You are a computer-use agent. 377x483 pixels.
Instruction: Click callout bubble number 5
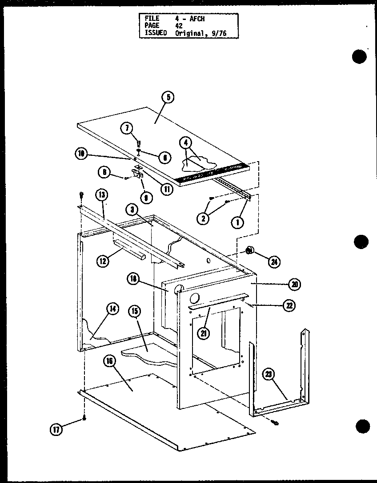point(168,98)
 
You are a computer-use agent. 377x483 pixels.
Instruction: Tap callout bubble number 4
point(186,143)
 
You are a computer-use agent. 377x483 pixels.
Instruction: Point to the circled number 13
point(101,194)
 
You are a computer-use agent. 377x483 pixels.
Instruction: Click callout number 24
point(274,262)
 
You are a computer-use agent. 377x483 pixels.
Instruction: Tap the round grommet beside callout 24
point(250,252)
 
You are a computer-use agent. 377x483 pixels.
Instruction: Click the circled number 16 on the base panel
point(109,362)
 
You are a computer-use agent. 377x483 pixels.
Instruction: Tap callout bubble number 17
point(56,430)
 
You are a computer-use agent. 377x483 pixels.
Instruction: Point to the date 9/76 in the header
point(219,32)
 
